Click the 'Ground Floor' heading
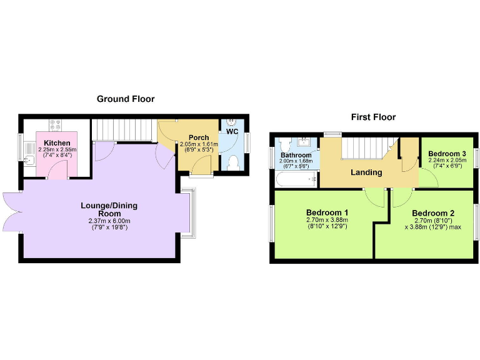[x=125, y=99]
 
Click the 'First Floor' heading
[x=373, y=117]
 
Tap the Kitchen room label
[x=57, y=143]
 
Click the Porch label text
[x=189, y=137]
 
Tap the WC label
[x=232, y=132]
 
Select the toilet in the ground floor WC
[x=234, y=162]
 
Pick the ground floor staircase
[x=123, y=130]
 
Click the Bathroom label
[x=296, y=155]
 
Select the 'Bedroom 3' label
[x=447, y=153]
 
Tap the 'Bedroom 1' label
[x=327, y=212]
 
